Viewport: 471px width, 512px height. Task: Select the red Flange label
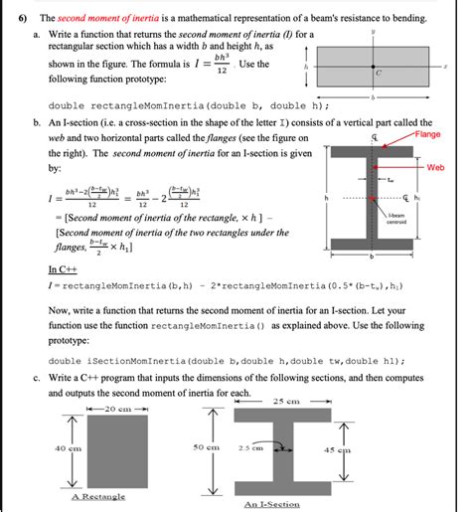[x=428, y=134]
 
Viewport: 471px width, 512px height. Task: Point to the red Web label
[x=435, y=168]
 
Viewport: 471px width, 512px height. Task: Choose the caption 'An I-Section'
[x=271, y=504]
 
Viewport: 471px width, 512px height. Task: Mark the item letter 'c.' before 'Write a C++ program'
[x=36, y=378]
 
